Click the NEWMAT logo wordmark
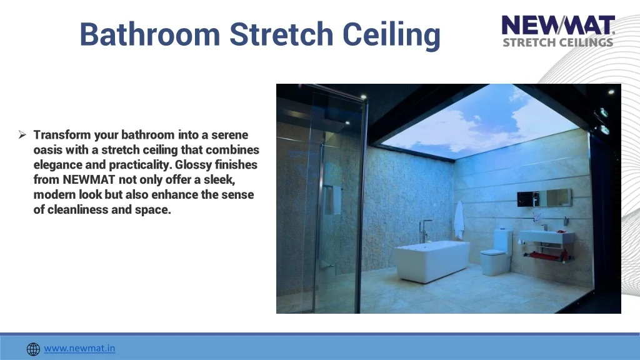[x=558, y=27]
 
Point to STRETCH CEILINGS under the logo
[x=558, y=43]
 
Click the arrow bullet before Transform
[x=22, y=134]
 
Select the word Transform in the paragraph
[x=62, y=135]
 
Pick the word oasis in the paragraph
[x=47, y=150]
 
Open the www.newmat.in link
[x=79, y=348]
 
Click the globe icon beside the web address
[x=34, y=349]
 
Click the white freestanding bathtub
[x=432, y=260]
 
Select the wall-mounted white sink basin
[x=546, y=237]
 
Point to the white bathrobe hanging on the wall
[x=459, y=220]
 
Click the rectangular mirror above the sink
[x=544, y=197]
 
